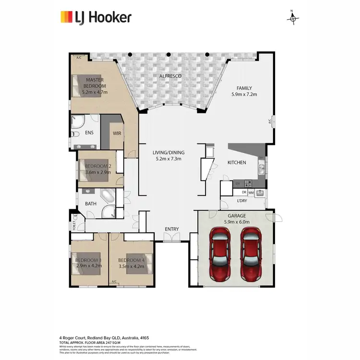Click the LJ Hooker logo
click(95, 18)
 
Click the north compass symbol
click(293, 18)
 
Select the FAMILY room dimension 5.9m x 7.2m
click(244, 95)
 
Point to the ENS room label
click(89, 132)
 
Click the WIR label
click(117, 133)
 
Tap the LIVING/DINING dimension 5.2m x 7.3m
click(170, 159)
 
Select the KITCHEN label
click(237, 163)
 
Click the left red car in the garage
click(221, 254)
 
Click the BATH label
click(91, 204)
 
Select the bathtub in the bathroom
click(107, 196)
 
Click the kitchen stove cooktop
click(249, 183)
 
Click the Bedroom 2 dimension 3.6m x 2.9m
click(98, 172)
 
